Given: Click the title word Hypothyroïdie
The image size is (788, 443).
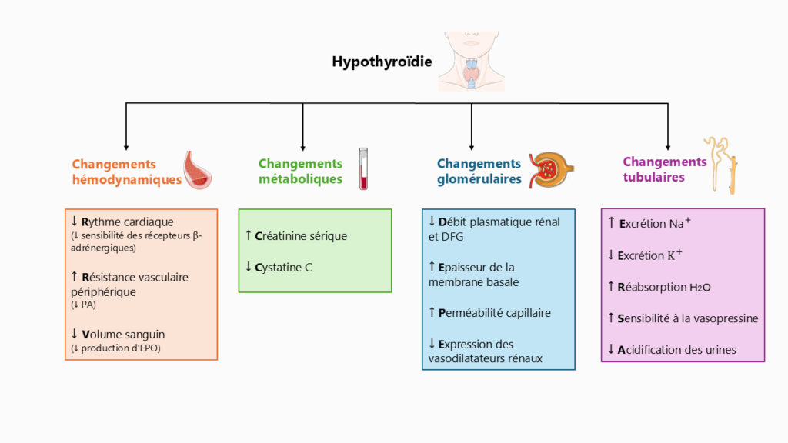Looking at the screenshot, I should pos(382,62).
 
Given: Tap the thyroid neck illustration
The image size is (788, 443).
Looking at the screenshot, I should pos(472,63).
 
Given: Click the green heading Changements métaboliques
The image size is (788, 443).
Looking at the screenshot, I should pos(300,172).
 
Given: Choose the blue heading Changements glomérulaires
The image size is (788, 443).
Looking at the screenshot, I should pos(479,172).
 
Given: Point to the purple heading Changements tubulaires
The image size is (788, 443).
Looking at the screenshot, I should pos(664,169).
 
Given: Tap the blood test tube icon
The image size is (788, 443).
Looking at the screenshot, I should pos(362,168).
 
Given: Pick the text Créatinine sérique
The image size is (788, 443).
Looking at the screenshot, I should pos(300,236).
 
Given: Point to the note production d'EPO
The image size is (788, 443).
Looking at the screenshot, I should pos(119,348).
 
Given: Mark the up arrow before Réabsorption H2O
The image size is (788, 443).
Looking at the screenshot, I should pos(611,287).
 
